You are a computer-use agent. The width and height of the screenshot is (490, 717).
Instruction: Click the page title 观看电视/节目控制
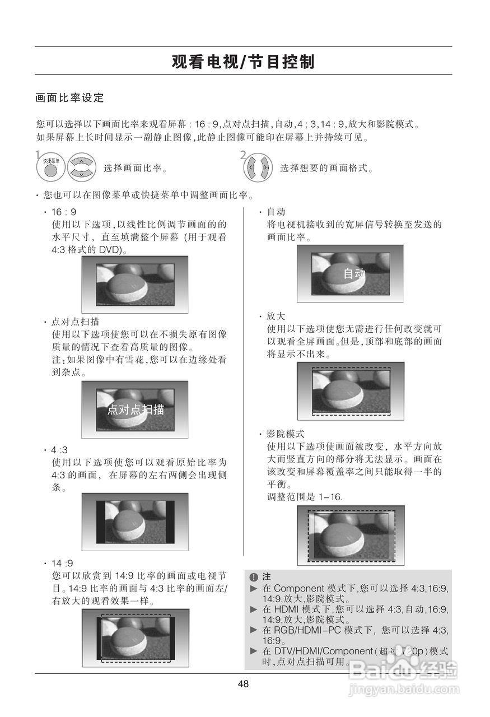pyautogui.click(x=243, y=62)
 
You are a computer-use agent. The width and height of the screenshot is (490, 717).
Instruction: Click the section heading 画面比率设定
pyautogui.click(x=70, y=98)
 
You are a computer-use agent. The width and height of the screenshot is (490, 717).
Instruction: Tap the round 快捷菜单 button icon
pyautogui.click(x=50, y=167)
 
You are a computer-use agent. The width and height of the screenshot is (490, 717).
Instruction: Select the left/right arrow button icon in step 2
pyautogui.click(x=258, y=167)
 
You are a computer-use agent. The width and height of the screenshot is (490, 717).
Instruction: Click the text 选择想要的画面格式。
pyautogui.click(x=326, y=168)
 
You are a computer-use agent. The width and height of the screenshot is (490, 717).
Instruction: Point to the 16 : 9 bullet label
pyautogui.click(x=64, y=212)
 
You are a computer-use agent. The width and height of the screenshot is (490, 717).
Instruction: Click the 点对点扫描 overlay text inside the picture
pyautogui.click(x=136, y=409)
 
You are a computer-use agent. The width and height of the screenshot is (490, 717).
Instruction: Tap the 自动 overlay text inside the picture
pyautogui.click(x=354, y=273)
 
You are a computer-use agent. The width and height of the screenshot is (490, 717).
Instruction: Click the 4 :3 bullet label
pyautogui.click(x=60, y=450)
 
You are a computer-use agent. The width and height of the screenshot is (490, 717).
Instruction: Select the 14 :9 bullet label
pyautogui.click(x=62, y=563)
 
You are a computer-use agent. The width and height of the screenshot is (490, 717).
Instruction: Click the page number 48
pyautogui.click(x=243, y=684)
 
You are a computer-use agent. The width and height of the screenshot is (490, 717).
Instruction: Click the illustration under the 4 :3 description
pyautogui.click(x=135, y=522)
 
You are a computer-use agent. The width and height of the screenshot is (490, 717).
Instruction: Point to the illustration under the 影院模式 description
pyautogui.click(x=351, y=535)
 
